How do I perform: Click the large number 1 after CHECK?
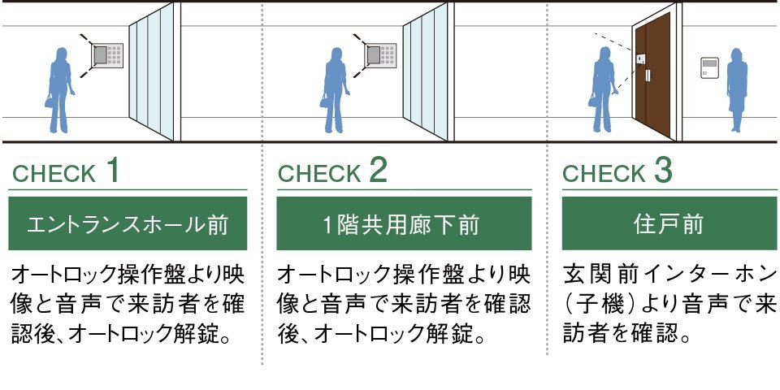112,171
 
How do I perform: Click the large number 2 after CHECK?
378,171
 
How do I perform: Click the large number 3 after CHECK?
663,171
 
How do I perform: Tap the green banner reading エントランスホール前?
128,223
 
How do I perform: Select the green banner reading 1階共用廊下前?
404,223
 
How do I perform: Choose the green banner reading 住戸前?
669,223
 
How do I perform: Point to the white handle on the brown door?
648,76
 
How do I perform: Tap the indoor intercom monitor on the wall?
710,67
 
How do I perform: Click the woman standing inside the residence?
737,89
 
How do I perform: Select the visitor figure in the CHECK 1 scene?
59,90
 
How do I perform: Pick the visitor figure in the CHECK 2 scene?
334,90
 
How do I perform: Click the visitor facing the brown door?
604,89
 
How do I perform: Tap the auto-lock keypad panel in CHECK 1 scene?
107,55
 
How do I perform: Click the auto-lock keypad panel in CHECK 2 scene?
380,55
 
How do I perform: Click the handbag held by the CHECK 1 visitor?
50,102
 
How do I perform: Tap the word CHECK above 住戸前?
604,174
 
